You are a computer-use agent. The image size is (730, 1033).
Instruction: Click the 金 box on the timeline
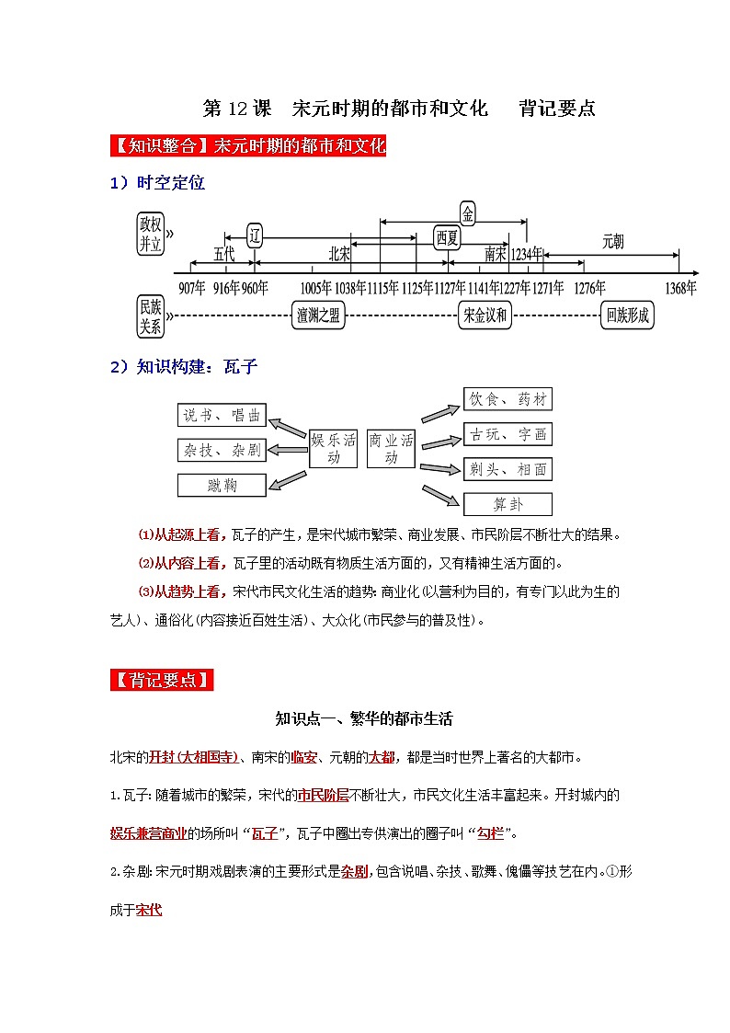[468, 214]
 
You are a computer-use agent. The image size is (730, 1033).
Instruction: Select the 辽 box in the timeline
[255, 235]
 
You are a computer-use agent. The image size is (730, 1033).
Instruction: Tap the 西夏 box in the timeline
[447, 237]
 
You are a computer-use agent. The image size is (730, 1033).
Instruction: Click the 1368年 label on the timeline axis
[679, 288]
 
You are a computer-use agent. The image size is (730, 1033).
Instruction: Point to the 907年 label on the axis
[192, 288]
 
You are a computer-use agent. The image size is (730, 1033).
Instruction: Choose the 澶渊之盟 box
[319, 316]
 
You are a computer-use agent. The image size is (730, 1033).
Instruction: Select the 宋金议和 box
[485, 316]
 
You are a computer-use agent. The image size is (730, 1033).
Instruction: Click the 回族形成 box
[628, 316]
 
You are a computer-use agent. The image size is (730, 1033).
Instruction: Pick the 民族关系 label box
[150, 316]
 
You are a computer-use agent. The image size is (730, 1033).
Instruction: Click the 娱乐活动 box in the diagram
[333, 448]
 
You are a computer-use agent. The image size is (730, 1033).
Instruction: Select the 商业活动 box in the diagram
[391, 448]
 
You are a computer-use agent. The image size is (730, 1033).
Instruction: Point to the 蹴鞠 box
[222, 485]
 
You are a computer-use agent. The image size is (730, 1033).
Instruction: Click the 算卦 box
[508, 504]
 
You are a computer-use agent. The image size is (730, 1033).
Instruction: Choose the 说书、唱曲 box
[222, 416]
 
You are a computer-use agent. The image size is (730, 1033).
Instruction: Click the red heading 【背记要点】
[162, 681]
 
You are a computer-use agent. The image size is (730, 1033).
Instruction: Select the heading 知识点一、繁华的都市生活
[364, 718]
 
